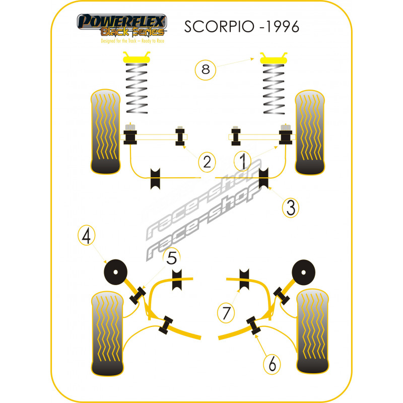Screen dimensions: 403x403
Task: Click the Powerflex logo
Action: (122, 25)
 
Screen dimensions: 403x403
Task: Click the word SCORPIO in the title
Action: (219, 27)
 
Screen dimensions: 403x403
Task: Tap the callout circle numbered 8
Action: (206, 70)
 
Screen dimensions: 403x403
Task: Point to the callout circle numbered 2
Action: (207, 162)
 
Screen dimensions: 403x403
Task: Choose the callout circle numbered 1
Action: (243, 161)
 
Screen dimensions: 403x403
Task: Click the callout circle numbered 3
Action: (291, 208)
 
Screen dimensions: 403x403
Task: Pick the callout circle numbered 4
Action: (86, 235)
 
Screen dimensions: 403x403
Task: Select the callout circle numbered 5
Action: (172, 257)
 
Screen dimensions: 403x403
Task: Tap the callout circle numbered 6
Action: (272, 364)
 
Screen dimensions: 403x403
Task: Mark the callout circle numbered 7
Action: (226, 313)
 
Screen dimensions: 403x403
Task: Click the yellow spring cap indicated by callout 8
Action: (274, 58)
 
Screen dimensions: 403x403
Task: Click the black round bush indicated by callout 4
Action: (115, 272)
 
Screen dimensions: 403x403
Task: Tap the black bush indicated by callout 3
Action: (263, 178)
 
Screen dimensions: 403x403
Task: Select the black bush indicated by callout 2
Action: (180, 137)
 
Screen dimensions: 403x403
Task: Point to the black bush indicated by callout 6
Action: (253, 325)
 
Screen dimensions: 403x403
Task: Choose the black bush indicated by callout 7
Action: (244, 280)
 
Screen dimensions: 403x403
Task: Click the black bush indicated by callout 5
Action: (138, 295)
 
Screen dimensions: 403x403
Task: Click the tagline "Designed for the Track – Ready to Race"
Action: (132, 41)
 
